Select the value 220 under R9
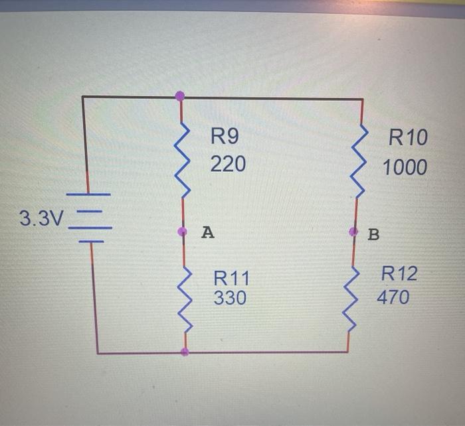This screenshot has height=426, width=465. pyautogui.click(x=228, y=163)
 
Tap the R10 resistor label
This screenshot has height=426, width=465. pyautogui.click(x=408, y=139)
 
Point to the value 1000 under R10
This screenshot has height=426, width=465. pyautogui.click(x=405, y=167)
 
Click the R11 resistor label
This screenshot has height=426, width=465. pyautogui.click(x=231, y=277)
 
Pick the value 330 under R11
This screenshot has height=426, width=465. pyautogui.click(x=230, y=299)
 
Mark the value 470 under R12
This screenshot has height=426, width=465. pyautogui.click(x=393, y=297)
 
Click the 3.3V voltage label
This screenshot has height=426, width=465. pyautogui.click(x=39, y=218)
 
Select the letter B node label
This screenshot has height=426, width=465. pyautogui.click(x=373, y=234)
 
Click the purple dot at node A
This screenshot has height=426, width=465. pyautogui.click(x=183, y=232)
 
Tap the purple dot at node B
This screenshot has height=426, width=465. pyautogui.click(x=353, y=232)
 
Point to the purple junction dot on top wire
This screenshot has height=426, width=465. pyautogui.click(x=180, y=96)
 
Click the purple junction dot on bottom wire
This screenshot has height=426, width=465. pyautogui.click(x=185, y=352)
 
